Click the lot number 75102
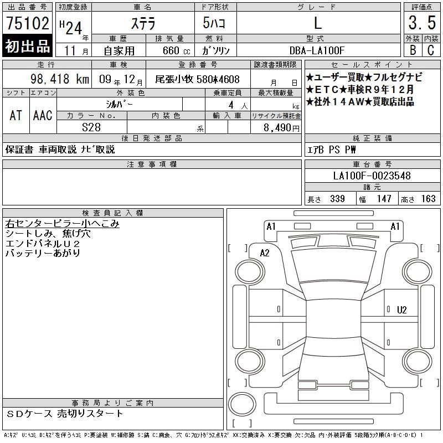28,23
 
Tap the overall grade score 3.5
422,23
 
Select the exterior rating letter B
413,50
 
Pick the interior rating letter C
431,50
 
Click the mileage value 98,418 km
60,79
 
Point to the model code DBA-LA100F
317,50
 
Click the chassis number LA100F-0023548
372,176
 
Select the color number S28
91,127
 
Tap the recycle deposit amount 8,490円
281,128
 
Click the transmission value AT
16,115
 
